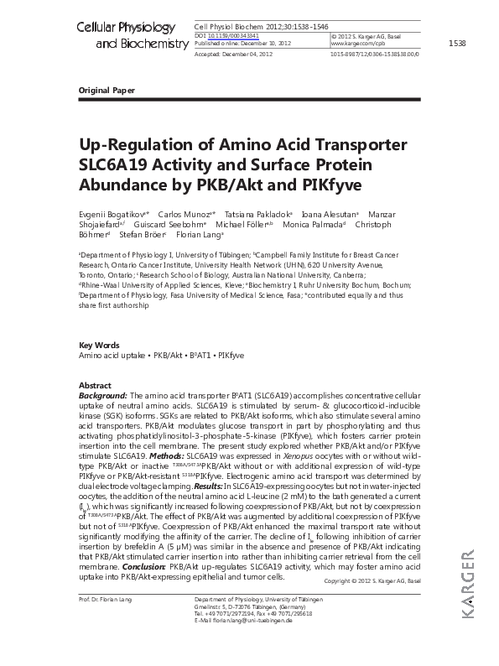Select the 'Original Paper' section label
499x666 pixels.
point(106,89)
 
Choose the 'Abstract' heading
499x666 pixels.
point(94,384)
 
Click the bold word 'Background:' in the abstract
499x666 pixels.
point(103,394)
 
